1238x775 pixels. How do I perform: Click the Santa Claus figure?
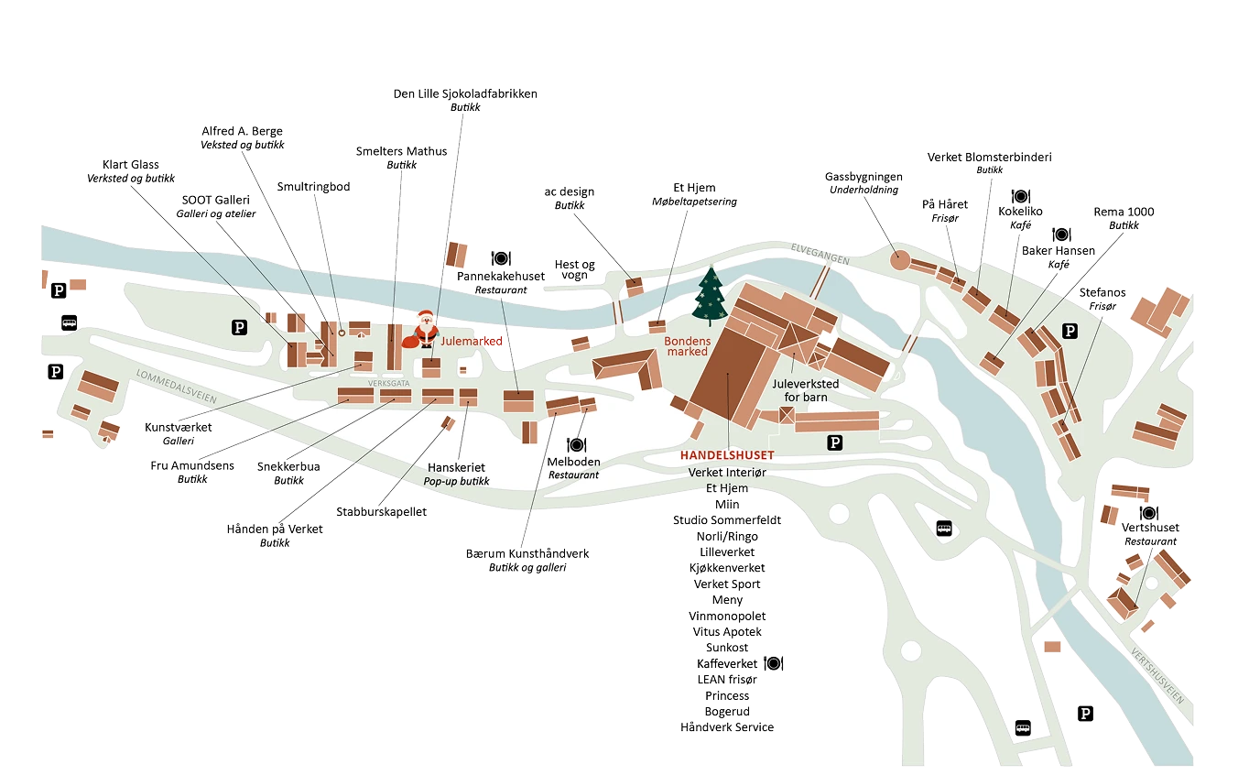(x=424, y=329)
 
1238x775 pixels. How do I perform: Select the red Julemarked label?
(x=472, y=341)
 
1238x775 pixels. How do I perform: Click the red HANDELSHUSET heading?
(x=727, y=455)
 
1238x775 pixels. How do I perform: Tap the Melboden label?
(x=574, y=462)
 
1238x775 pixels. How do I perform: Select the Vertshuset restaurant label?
(x=1150, y=528)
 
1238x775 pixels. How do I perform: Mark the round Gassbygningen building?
(x=900, y=261)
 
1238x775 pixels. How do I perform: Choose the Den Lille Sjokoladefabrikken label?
(x=464, y=94)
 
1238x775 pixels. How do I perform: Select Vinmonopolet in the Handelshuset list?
(x=727, y=616)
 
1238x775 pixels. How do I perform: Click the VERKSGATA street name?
(x=388, y=383)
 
